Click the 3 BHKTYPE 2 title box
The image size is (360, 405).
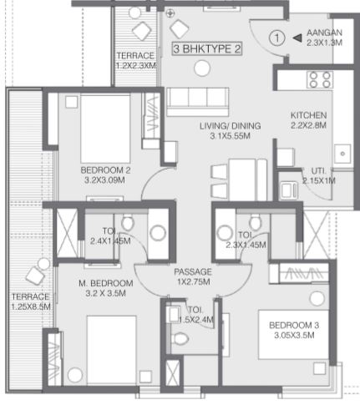[x=206, y=49]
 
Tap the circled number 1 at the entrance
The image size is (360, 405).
[x=277, y=38]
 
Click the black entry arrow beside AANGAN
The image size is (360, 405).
[x=297, y=38]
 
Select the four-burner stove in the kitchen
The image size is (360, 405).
[x=320, y=80]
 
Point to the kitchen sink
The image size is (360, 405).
[x=342, y=154]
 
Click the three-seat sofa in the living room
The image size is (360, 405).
[x=198, y=102]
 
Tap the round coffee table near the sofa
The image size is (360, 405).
[x=202, y=68]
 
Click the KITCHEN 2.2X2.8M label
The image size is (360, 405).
[x=308, y=120]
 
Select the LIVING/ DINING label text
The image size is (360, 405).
[x=231, y=126]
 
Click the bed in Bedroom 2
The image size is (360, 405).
[x=105, y=129]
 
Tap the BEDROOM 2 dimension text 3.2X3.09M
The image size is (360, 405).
[x=104, y=180]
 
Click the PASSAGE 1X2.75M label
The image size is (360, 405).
[x=193, y=276]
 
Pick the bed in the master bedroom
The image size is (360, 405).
[x=112, y=351]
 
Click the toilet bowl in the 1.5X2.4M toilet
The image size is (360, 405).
[x=179, y=339]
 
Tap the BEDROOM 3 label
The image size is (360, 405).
[x=294, y=325]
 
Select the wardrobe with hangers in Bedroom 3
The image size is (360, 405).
[x=299, y=274]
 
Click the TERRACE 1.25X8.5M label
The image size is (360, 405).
[x=31, y=301]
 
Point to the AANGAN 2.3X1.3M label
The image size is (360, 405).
[x=324, y=38]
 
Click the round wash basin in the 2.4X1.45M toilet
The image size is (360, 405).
[x=158, y=233]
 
